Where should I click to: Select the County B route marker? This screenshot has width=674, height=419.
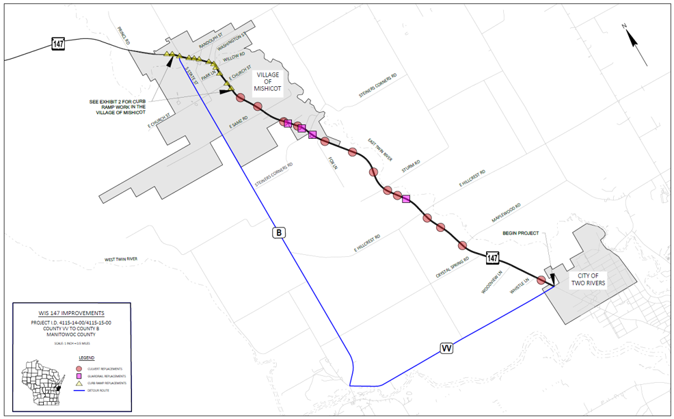(278, 233)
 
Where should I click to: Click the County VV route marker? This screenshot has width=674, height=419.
(447, 349)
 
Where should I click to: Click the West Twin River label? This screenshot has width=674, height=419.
(121, 260)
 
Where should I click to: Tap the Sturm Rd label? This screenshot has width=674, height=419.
(411, 167)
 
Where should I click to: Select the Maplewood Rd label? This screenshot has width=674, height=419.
(506, 211)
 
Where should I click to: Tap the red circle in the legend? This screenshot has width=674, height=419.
(79, 368)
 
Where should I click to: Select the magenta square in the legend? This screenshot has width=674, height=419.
(79, 377)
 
